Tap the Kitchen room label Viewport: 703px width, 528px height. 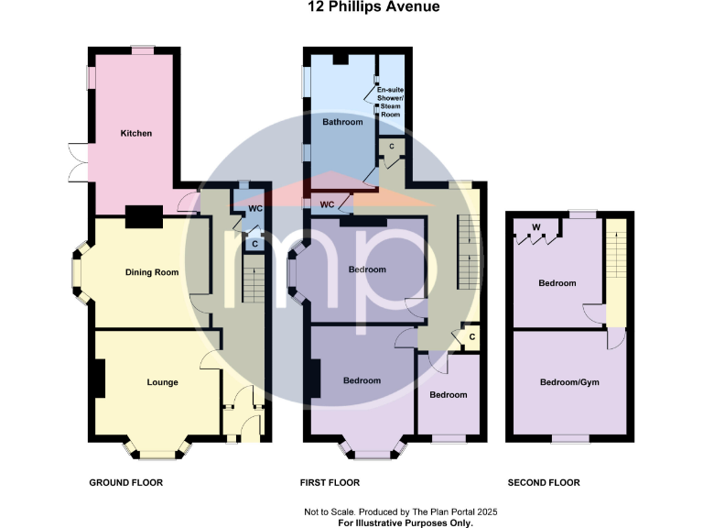click(136, 134)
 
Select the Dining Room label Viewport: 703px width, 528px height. click(151, 272)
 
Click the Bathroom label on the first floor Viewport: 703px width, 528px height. click(342, 122)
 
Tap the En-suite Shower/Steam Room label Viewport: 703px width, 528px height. click(390, 102)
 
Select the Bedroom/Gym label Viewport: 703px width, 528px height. click(569, 382)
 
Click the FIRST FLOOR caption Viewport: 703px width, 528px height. click(330, 482)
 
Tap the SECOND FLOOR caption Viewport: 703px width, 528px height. click(544, 482)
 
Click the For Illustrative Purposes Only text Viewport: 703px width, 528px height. click(405, 522)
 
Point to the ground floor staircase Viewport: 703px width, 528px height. click(252, 279)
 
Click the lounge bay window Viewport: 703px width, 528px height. click(157, 450)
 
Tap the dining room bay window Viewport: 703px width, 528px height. click(80, 272)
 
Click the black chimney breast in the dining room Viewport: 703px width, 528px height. click(145, 216)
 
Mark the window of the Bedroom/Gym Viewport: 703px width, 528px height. click(568, 439)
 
